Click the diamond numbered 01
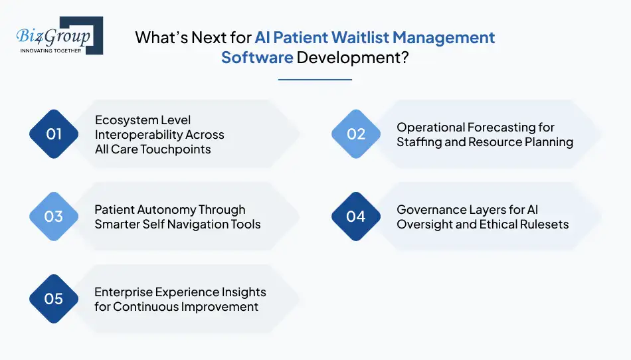(54, 134)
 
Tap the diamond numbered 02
(356, 134)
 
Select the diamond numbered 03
(54, 217)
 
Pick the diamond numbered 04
(356, 217)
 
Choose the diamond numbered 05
(54, 299)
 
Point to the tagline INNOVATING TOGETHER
(50, 50)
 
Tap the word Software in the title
(257, 57)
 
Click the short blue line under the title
(315, 80)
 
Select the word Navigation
(203, 225)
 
